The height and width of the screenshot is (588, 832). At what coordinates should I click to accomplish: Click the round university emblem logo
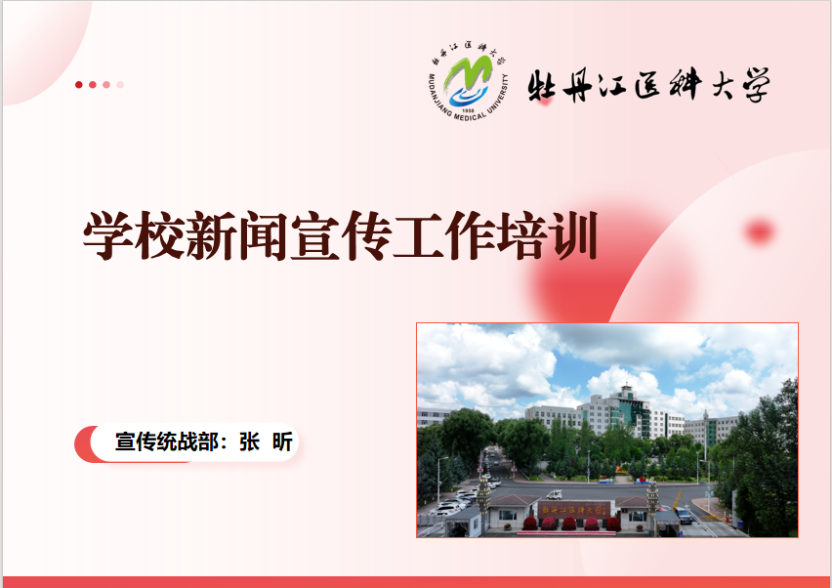468,81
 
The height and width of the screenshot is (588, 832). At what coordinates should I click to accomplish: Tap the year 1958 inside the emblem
468,110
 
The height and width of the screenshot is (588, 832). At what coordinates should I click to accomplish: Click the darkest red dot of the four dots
79,85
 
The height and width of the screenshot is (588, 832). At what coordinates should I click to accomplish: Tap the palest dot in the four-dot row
120,85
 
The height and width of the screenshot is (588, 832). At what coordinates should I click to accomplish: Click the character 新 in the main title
211,235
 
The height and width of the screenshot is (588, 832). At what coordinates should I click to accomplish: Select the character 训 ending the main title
574,235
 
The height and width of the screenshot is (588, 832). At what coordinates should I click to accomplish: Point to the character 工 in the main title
418,235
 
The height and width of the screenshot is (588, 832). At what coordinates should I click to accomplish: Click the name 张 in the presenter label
249,441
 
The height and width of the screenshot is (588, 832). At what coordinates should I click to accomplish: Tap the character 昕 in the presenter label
282,441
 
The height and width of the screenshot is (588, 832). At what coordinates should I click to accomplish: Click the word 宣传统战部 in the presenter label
167,441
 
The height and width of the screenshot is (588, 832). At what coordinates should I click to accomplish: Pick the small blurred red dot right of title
760,231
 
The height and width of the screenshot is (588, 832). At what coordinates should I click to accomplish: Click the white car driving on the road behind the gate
554,494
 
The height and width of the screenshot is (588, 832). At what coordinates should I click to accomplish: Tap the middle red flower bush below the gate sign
568,524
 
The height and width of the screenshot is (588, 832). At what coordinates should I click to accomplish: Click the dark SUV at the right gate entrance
683,515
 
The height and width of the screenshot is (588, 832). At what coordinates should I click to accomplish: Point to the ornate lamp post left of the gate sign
483,500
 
